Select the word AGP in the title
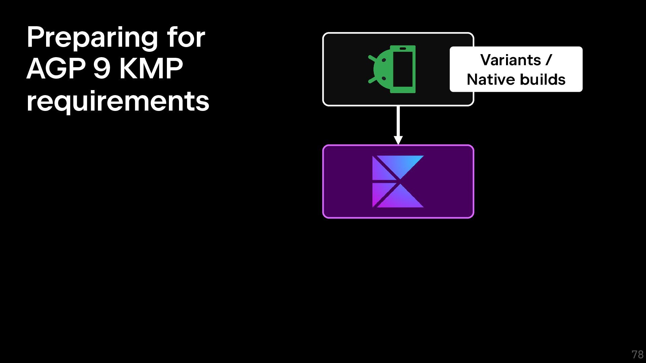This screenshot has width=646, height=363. click(x=56, y=69)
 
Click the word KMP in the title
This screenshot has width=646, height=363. click(x=151, y=69)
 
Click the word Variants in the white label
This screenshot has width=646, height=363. click(x=510, y=60)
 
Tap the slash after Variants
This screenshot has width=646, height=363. click(x=549, y=60)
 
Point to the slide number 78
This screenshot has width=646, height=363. click(x=637, y=355)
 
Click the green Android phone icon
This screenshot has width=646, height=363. click(x=392, y=69)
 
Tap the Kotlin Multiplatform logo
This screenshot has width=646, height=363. click(x=398, y=182)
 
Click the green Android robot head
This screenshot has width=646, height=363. click(x=381, y=69)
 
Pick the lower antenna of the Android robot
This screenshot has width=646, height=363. click(x=372, y=80)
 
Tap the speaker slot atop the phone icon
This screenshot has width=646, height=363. click(x=403, y=49)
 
